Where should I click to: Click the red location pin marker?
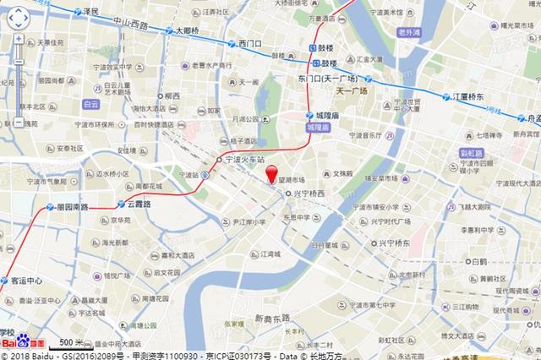click(272, 176)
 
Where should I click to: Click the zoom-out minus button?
click(19, 123)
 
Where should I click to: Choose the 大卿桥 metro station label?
click(187, 31)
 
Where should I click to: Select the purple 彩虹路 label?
click(470, 153)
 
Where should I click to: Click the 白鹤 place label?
click(479, 262)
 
